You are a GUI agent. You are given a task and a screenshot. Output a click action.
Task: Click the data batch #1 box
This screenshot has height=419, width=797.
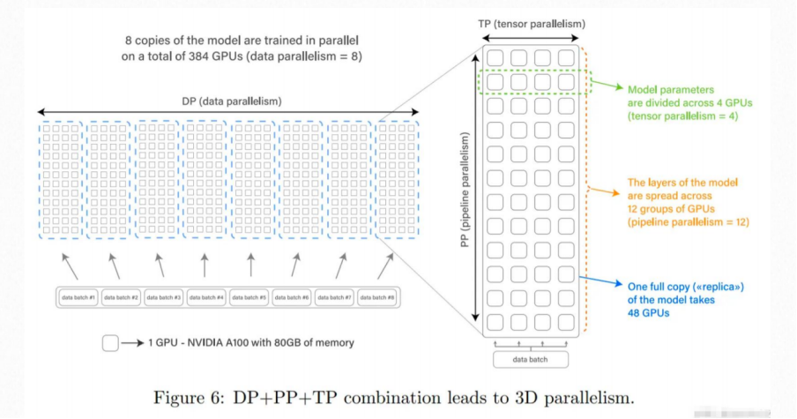click(x=78, y=297)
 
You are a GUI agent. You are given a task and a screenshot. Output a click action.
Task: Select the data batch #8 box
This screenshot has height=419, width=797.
click(x=378, y=297)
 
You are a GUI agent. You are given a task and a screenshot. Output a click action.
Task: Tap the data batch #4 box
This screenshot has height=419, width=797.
click(x=206, y=297)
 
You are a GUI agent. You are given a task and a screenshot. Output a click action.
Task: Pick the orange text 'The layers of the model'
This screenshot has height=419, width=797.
click(x=682, y=183)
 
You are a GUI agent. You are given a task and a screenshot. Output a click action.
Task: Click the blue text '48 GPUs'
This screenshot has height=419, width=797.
click(x=648, y=312)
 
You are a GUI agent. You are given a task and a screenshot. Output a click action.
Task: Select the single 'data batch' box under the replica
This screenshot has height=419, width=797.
click(x=529, y=359)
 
